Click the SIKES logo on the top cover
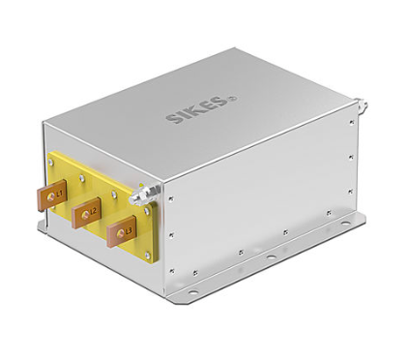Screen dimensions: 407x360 click(x=197, y=109)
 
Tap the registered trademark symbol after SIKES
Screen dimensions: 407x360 click(x=234, y=98)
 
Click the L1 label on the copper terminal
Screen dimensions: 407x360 click(x=59, y=194)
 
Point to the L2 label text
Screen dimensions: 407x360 click(x=94, y=212)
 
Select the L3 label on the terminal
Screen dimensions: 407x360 click(x=129, y=230)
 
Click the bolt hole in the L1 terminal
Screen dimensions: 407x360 click(x=50, y=195)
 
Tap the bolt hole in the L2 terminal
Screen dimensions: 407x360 click(x=85, y=214)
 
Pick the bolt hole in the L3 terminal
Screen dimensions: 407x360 click(x=121, y=233)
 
